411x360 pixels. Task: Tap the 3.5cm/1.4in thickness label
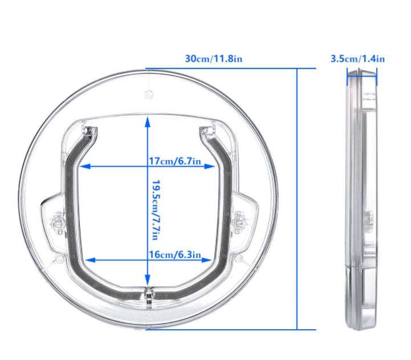[x=357, y=58]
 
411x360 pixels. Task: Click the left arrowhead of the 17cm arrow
[x=82, y=167]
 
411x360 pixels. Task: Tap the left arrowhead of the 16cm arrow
[x=87, y=260]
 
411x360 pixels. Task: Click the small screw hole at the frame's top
[x=148, y=92]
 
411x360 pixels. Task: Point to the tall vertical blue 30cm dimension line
[x=298, y=200]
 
